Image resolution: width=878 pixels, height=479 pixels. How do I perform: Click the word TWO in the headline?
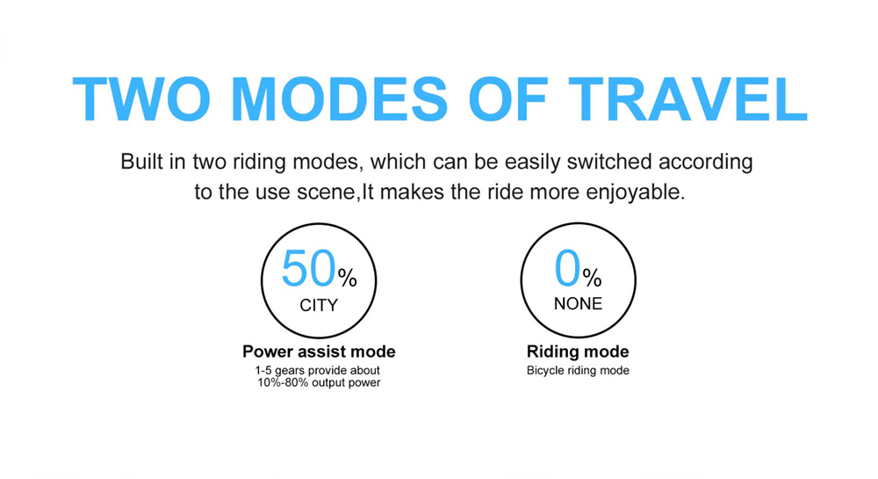pyautogui.click(x=141, y=99)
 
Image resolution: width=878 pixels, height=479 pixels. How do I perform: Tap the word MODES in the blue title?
pyautogui.click(x=339, y=99)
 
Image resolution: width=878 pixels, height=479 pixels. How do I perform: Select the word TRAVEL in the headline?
pyautogui.click(x=688, y=99)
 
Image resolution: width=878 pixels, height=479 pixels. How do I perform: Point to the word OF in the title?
pyautogui.click(x=507, y=99)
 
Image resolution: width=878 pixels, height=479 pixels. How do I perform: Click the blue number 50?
pyautogui.click(x=308, y=269)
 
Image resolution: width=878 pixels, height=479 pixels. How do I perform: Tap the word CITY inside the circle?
pyautogui.click(x=319, y=305)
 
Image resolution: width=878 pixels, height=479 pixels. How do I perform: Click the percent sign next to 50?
pyautogui.click(x=347, y=278)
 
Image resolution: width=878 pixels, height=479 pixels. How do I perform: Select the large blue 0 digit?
pyautogui.click(x=567, y=268)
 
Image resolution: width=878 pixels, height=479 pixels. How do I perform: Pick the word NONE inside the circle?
pyautogui.click(x=578, y=303)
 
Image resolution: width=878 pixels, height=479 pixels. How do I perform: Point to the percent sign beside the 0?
pyautogui.click(x=592, y=277)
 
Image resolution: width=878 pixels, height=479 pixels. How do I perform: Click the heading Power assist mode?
pyautogui.click(x=319, y=352)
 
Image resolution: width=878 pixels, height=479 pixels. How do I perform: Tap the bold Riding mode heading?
pyautogui.click(x=578, y=352)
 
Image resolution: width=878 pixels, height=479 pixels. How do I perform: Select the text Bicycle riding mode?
pyautogui.click(x=578, y=370)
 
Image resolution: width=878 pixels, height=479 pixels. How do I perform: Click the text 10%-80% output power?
pyautogui.click(x=319, y=382)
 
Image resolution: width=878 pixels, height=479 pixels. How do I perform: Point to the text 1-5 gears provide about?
pyautogui.click(x=318, y=370)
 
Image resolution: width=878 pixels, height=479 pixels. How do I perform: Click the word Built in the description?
pyautogui.click(x=141, y=162)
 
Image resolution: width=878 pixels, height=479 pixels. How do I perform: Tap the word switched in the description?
pyautogui.click(x=609, y=162)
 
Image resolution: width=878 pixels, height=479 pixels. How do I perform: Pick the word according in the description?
pyautogui.click(x=706, y=163)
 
